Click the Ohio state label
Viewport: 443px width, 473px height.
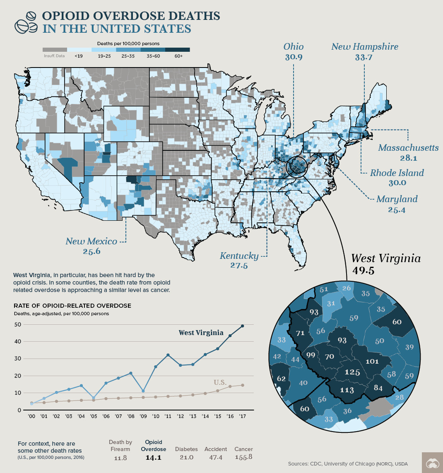point(294,46)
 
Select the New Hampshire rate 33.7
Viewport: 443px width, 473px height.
point(364,58)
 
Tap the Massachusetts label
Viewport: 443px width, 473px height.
point(408,148)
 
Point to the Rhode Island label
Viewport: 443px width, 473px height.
point(397,173)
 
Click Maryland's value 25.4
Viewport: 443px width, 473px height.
point(396,210)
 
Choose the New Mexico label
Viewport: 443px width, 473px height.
point(91,241)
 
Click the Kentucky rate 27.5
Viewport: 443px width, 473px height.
point(239,266)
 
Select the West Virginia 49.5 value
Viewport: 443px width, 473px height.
point(364,271)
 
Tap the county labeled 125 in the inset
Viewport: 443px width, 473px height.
point(352,372)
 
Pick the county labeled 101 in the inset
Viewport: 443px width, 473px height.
point(372,361)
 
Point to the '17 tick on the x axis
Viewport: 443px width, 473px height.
point(242,416)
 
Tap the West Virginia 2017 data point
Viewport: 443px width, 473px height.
point(242,326)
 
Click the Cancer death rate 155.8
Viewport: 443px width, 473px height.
point(243,457)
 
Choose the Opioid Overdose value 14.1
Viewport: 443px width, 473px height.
point(153,458)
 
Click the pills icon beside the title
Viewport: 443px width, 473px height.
point(26,23)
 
